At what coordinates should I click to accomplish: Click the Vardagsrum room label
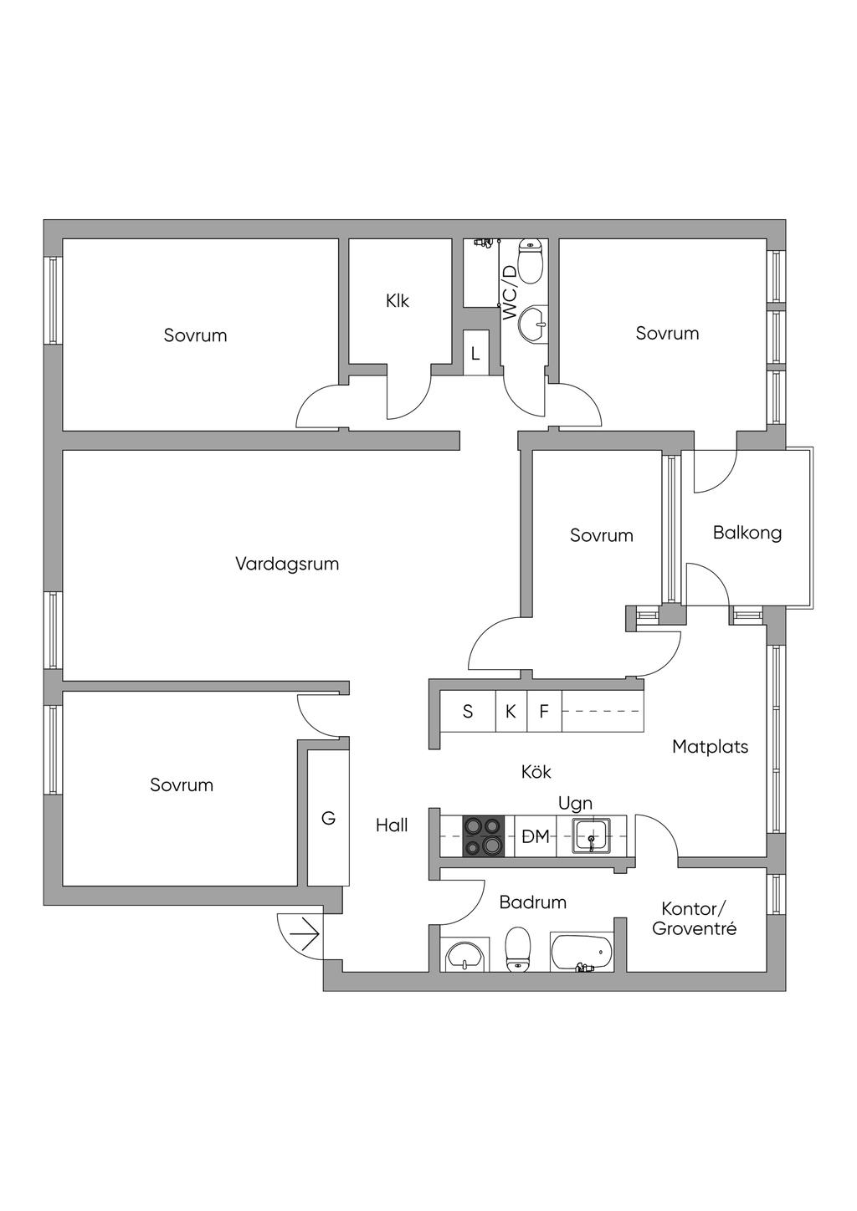(287, 565)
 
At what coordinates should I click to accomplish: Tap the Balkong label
(747, 533)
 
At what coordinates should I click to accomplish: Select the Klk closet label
(398, 301)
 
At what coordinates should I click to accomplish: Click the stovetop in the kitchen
(483, 836)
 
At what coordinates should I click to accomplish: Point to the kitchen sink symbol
(591, 836)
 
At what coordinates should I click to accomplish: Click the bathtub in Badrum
(582, 953)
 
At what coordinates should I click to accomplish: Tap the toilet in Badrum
(517, 952)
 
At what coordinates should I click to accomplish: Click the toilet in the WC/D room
(531, 263)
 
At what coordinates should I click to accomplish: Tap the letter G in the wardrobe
(328, 819)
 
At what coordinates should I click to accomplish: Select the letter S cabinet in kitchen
(468, 712)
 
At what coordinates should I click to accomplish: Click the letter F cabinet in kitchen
(544, 712)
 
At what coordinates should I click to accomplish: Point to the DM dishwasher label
(536, 837)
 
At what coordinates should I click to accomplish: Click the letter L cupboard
(475, 355)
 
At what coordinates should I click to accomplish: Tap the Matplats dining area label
(710, 747)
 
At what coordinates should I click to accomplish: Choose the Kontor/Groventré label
(695, 918)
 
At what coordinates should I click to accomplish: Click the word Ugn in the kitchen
(575, 804)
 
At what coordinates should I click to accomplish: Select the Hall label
(392, 825)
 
